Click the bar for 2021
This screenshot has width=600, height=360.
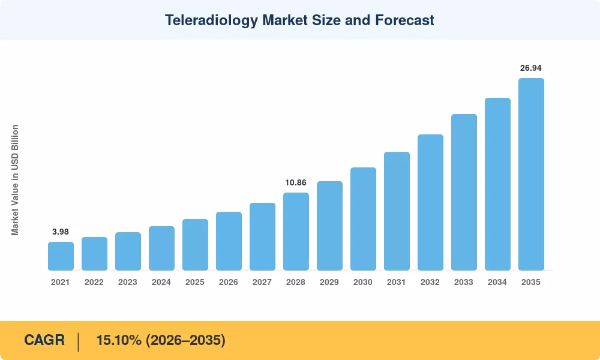tap(61, 256)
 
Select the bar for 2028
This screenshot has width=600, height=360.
tap(296, 232)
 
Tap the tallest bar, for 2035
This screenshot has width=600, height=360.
tap(531, 174)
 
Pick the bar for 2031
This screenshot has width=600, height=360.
tap(397, 211)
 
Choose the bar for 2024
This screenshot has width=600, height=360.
tap(161, 248)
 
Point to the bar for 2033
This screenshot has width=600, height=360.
tap(464, 192)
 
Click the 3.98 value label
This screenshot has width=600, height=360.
tap(61, 232)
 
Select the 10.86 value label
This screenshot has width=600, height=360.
tap(296, 182)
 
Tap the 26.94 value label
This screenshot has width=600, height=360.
tap(531, 68)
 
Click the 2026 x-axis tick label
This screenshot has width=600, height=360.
tap(229, 282)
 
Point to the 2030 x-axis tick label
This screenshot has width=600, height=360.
tap(363, 282)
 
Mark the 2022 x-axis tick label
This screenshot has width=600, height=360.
tap(94, 282)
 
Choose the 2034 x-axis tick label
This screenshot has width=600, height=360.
tap(497, 282)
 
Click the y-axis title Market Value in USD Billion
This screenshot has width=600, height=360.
tap(15, 180)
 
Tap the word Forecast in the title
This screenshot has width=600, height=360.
tap(404, 20)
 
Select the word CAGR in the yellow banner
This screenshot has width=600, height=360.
tap(44, 340)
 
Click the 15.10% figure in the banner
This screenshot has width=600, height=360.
tap(119, 340)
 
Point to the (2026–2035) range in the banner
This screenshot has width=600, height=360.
tap(185, 340)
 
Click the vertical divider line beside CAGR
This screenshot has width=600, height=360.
tap(79, 342)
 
